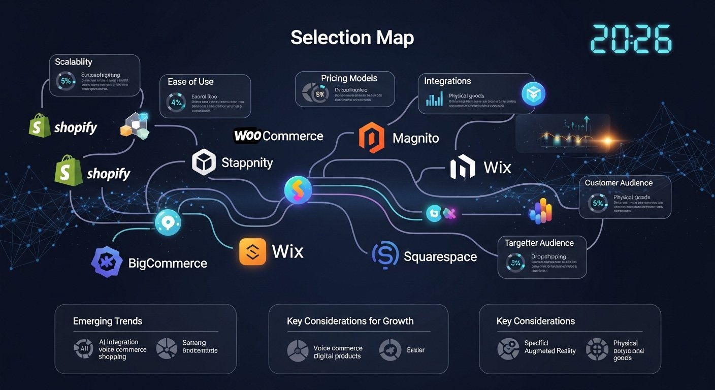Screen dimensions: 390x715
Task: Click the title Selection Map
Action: pyautogui.click(x=352, y=38)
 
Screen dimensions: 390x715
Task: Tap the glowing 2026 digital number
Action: pyautogui.click(x=631, y=39)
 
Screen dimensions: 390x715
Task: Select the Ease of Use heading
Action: pyautogui.click(x=190, y=82)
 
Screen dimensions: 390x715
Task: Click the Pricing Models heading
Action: pyautogui.click(x=349, y=78)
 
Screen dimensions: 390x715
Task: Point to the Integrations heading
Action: pyautogui.click(x=447, y=81)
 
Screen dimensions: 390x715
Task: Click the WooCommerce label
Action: pyautogui.click(x=278, y=136)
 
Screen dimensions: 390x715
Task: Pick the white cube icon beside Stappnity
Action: pyautogui.click(x=204, y=162)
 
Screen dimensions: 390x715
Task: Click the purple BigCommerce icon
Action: pyautogui.click(x=107, y=262)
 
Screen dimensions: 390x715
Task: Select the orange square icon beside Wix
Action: pyautogui.click(x=253, y=251)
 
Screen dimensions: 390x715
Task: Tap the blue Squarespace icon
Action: pyautogui.click(x=384, y=255)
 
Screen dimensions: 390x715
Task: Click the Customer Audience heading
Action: pyautogui.click(x=619, y=183)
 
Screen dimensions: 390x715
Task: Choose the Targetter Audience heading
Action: pyautogui.click(x=539, y=243)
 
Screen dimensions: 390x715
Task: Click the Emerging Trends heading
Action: pyautogui.click(x=108, y=321)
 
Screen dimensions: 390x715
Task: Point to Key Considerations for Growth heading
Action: pyautogui.click(x=350, y=321)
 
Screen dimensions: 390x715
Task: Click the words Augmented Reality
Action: pyautogui.click(x=550, y=351)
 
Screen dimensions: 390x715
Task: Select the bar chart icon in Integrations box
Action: pyautogui.click(x=434, y=99)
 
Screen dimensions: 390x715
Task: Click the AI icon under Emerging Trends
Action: pyautogui.click(x=83, y=349)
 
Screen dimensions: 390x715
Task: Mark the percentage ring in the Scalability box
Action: pyautogui.click(x=66, y=81)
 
